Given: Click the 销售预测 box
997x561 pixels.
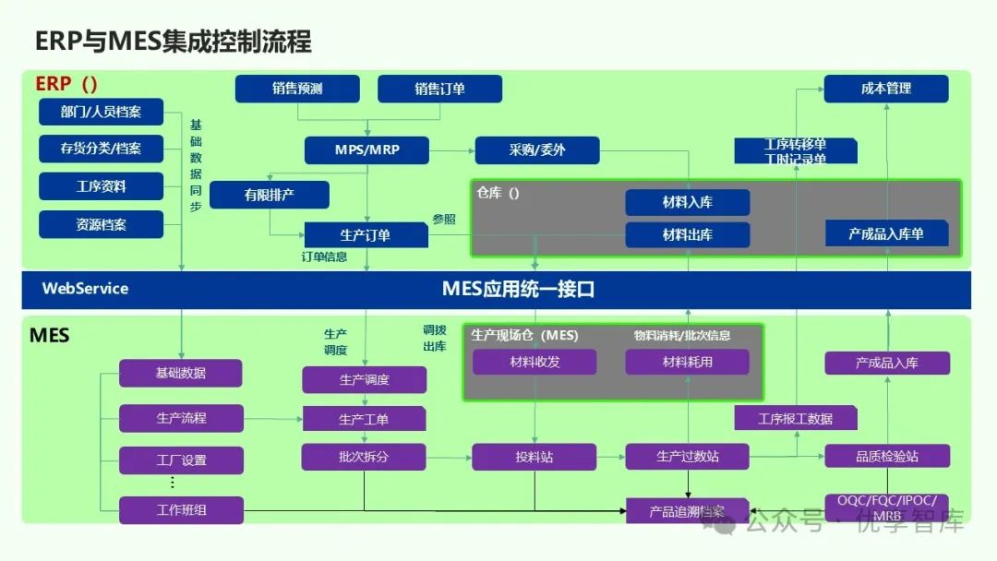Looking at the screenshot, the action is point(297,89).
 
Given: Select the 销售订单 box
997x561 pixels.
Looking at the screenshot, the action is point(439,89).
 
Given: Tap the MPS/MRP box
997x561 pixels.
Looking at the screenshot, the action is point(366,149).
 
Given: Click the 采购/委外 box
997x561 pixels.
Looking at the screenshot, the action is point(536,149).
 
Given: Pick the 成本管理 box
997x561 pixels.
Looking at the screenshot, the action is point(885,89).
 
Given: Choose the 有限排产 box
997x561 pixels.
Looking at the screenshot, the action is point(270,195).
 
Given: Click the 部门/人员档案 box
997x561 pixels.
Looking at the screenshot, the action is point(101,113).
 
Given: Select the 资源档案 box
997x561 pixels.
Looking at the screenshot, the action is point(101,224).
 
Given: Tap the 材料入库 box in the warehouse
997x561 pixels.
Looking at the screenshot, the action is point(687,202).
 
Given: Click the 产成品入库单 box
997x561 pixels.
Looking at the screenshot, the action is point(885,233).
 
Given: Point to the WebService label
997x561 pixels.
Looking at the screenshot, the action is point(85,289).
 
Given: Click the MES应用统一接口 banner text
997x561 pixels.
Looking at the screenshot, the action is point(517,289).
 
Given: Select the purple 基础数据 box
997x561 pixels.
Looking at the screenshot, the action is point(181,373).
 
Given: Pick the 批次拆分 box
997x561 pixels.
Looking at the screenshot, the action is point(364,457).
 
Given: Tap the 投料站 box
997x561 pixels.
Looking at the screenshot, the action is point(534,457).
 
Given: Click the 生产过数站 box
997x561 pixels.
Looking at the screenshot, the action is point(687,457).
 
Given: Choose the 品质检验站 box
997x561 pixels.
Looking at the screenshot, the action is point(885,457).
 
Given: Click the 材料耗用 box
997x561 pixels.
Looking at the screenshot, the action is point(687,362).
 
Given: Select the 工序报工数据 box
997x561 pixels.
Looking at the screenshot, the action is point(795,418).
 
